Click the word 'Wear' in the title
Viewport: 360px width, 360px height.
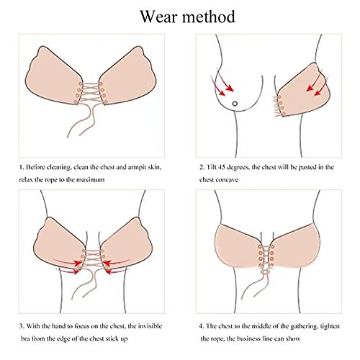pyautogui.click(x=159, y=17)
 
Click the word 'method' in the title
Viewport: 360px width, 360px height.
pyautogui.click(x=208, y=17)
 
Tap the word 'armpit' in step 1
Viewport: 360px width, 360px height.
pyautogui.click(x=137, y=168)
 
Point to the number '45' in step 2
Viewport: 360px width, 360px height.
pyautogui.click(x=222, y=167)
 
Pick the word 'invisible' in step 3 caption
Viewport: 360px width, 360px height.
pyautogui.click(x=150, y=326)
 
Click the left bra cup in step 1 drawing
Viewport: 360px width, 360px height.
pyautogui.click(x=53, y=77)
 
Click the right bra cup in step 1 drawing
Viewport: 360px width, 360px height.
pyautogui.click(x=128, y=77)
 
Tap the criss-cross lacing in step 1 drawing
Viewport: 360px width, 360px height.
pyautogui.click(x=91, y=94)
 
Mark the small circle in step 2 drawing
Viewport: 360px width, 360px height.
pyautogui.click(x=235, y=104)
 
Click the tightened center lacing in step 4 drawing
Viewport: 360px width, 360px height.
pyautogui.click(x=266, y=256)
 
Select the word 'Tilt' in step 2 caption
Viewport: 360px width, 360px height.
pyautogui.click(x=211, y=167)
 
